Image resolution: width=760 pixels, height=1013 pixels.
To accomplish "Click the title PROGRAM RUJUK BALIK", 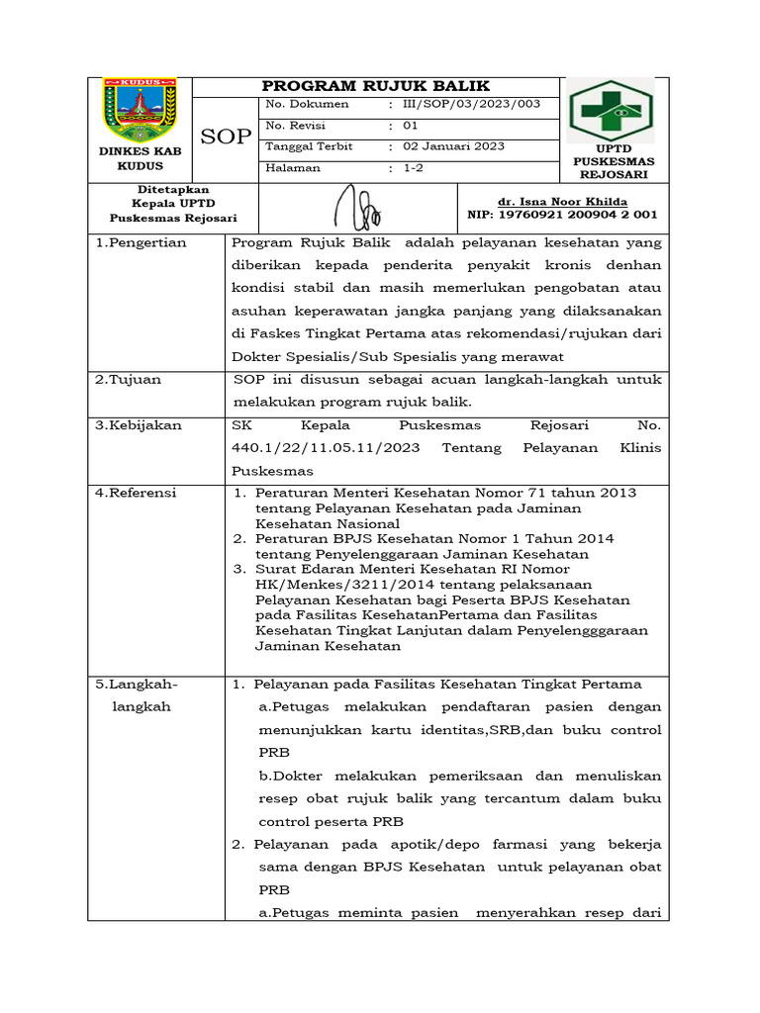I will tap(375, 86).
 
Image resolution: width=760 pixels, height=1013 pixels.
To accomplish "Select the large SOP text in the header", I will tap(227, 137).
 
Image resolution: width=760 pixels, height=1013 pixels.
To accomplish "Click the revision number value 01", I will tap(410, 126).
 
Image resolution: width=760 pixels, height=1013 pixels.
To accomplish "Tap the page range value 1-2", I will tap(413, 168).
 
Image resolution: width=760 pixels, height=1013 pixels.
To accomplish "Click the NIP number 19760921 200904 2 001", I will tap(562, 215).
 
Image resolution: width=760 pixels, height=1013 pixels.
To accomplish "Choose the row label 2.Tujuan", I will tap(128, 380).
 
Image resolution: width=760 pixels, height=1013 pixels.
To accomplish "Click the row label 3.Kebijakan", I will tap(138, 425).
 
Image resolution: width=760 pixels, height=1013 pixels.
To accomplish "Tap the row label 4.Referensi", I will tap(136, 493).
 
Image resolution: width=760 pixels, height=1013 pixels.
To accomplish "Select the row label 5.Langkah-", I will tap(137, 684).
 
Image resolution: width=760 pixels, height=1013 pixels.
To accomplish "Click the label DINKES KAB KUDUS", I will tap(140, 159).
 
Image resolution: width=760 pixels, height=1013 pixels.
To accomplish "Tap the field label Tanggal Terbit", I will tap(309, 146).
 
